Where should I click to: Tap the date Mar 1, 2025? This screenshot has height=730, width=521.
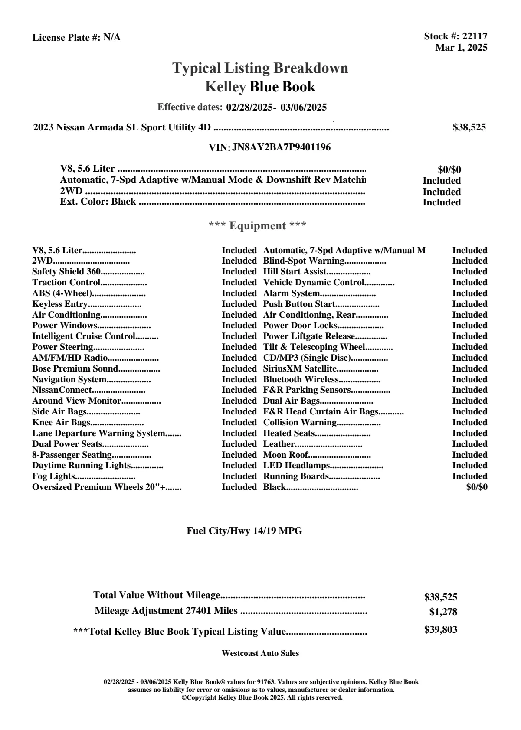point(461,48)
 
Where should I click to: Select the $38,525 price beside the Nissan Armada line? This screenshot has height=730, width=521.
point(469,127)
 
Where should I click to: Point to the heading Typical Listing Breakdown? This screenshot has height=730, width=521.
point(260,68)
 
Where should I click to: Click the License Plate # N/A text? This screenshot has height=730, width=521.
point(76,38)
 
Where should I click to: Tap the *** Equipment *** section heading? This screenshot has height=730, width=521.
point(257,226)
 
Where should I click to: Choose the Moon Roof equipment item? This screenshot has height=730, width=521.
point(286,455)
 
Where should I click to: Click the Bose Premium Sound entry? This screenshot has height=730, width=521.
point(75,368)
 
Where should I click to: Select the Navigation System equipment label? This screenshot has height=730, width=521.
point(69,379)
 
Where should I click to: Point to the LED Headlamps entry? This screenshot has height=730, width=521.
point(297,466)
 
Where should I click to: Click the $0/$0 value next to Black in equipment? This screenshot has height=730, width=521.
point(476,487)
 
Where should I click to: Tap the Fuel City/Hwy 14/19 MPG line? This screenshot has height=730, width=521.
point(244,531)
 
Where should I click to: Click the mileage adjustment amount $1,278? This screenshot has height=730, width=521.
point(443,612)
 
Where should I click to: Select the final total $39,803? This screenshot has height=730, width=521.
point(440,630)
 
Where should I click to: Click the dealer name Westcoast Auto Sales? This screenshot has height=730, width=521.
point(260,653)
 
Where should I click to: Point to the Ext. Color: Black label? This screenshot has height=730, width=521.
point(98,202)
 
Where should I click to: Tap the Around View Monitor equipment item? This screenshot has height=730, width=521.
point(76,401)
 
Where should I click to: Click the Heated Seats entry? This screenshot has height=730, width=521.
point(289,433)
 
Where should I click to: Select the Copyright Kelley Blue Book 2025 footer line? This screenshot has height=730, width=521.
point(262,697)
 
